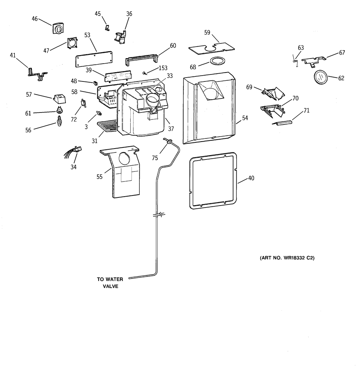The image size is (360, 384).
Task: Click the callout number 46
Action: point(35,19)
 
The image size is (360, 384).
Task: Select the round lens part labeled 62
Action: point(320,77)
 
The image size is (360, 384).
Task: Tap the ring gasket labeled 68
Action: point(216,61)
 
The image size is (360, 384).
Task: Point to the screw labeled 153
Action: point(144,73)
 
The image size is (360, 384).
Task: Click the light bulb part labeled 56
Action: point(59,121)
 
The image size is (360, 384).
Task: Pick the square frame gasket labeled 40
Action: point(213,181)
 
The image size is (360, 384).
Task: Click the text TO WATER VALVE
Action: point(110,283)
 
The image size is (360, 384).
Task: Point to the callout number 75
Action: point(155,158)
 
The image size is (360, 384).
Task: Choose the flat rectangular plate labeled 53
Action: point(94,59)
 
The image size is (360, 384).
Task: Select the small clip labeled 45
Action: point(107,28)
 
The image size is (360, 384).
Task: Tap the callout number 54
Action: point(245,118)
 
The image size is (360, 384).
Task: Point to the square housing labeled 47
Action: point(72,43)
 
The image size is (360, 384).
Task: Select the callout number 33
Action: point(170,76)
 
